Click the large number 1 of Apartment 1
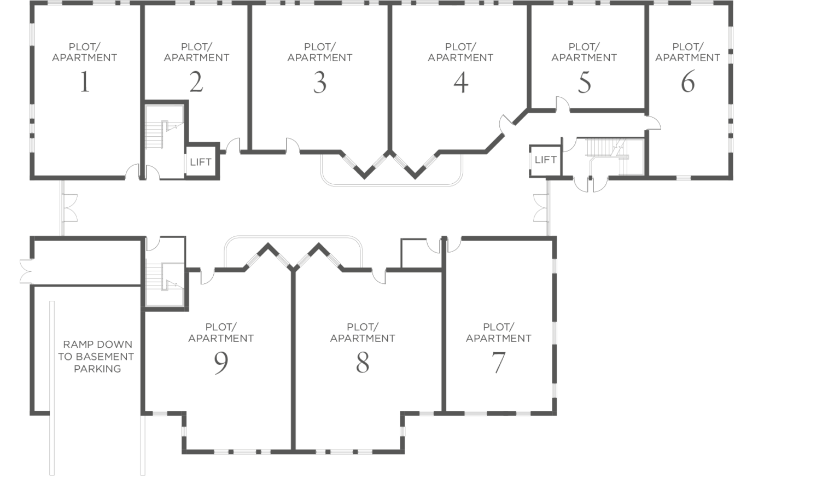pos(85,81)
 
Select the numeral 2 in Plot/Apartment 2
pos(196,81)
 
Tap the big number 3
pos(320,83)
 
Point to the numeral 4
pos(461,83)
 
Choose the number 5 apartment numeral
pos(584,83)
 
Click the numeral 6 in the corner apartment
pos(688,81)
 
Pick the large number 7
pos(498,363)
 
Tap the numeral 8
pos(363,363)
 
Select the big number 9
pos(221,363)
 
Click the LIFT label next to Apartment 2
pos(201,162)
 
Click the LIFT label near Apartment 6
pos(546,160)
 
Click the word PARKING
pos(97,369)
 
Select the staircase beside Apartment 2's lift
pos(164,127)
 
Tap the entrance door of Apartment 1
pos(132,171)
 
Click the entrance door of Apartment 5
pos(563,104)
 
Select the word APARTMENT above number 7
pos(498,338)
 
